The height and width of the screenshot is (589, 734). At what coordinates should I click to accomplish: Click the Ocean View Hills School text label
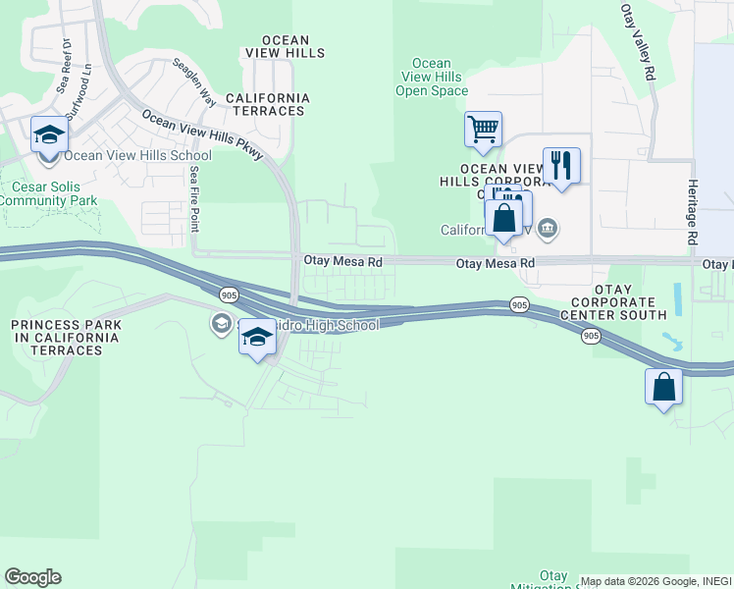[x=137, y=155]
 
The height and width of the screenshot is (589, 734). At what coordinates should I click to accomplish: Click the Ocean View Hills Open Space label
[x=432, y=78]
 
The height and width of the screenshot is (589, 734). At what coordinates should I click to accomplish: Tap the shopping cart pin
[x=483, y=129]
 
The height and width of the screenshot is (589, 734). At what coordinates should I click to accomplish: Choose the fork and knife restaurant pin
[x=561, y=165]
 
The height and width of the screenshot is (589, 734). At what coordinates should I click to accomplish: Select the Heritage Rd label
[x=692, y=212]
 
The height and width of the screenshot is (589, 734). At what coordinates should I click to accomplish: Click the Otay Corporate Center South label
[x=613, y=301]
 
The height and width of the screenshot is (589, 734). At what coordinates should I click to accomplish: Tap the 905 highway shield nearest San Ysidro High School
[x=228, y=294]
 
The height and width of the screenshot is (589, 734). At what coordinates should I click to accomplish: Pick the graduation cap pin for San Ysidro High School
[x=258, y=338]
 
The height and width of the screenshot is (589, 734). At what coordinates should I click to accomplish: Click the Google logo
[x=32, y=577]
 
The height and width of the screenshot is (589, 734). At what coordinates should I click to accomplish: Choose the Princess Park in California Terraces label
[x=66, y=331]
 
